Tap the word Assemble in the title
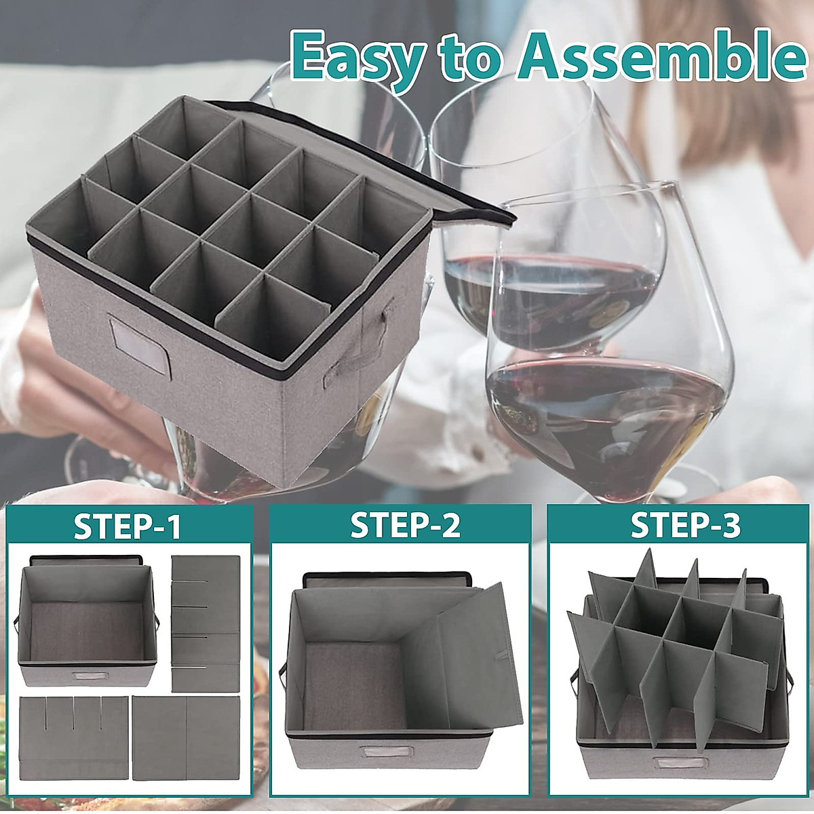click(656, 56)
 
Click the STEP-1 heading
click(128, 527)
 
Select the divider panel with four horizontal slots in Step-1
click(206, 623)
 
